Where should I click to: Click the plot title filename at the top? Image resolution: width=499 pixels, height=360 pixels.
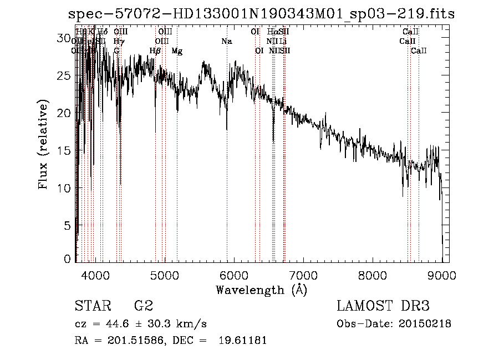point(261,14)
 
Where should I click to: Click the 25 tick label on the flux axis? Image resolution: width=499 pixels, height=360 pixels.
point(64,75)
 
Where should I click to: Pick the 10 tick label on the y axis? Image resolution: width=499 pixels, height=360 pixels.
point(64,188)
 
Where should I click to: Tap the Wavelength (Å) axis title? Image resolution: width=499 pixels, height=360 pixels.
point(261,290)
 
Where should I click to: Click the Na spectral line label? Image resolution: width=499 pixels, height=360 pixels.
point(226,42)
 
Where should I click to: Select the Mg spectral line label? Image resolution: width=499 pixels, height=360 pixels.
point(177,51)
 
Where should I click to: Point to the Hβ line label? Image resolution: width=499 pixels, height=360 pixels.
point(155,51)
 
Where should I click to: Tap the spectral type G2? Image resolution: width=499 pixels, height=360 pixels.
point(144,306)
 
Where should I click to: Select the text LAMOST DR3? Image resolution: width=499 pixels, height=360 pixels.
point(383,306)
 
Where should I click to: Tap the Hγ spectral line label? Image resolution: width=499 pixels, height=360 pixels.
point(119,42)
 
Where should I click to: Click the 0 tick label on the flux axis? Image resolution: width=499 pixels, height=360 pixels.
point(68,259)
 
